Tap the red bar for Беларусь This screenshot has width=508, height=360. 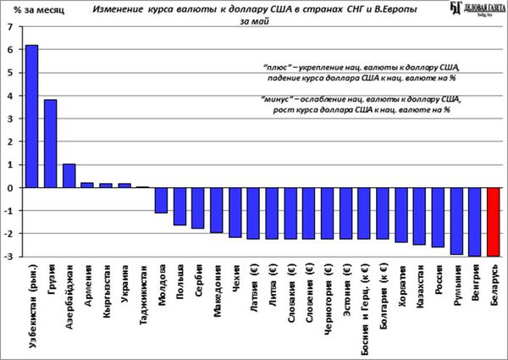click(494, 221)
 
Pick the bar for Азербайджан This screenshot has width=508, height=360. click(69, 175)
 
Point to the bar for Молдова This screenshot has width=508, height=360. click(161, 200)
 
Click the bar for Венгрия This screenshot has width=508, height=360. click(475, 221)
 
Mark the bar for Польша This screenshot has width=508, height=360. click(179, 207)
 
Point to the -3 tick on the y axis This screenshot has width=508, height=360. click(8, 256)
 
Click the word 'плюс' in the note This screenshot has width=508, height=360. click(276, 65)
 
